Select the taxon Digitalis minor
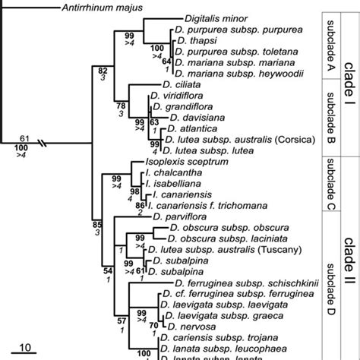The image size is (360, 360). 215,23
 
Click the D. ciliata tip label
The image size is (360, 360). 179,87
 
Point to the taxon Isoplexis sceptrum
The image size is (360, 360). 179,162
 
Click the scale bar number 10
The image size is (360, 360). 24,347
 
